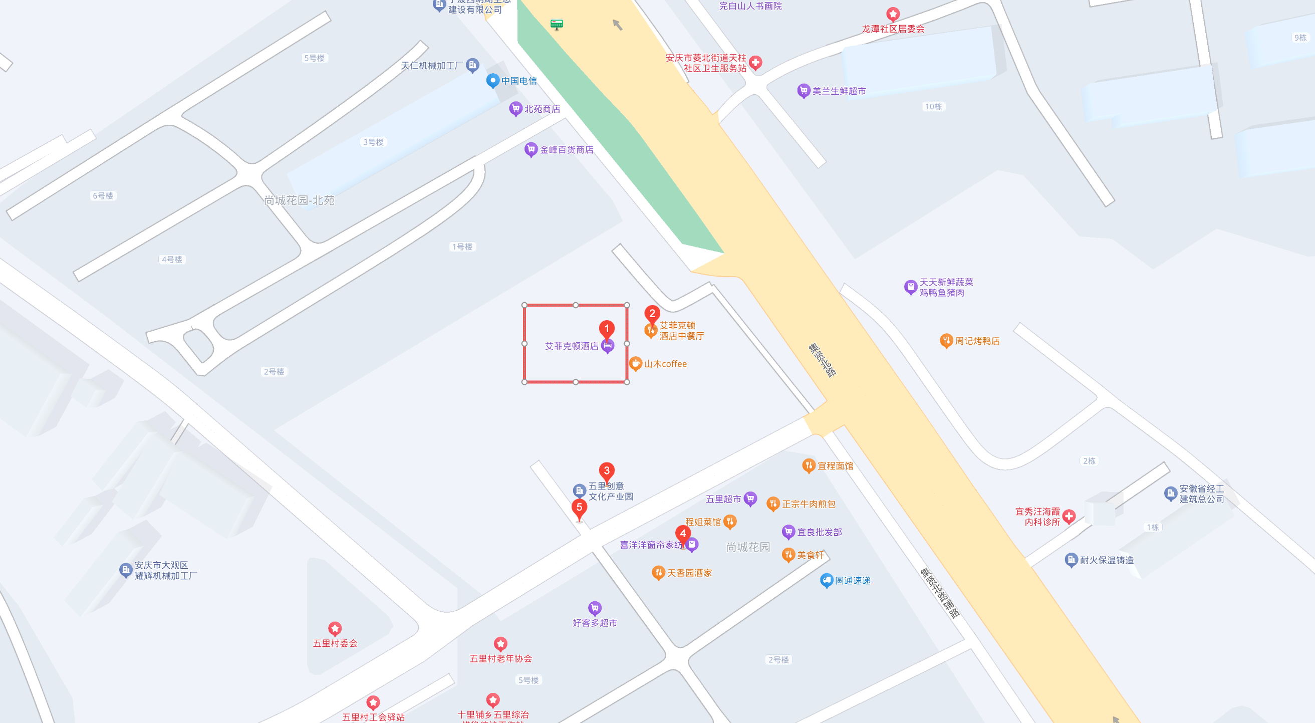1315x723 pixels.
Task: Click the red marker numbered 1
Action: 607,328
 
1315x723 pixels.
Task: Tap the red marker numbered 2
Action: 652,314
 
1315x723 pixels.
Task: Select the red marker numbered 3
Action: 607,470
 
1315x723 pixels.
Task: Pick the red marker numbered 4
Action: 683,534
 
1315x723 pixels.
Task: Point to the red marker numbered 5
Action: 579,508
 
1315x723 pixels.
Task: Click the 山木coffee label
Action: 665,364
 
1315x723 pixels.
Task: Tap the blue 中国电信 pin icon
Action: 492,80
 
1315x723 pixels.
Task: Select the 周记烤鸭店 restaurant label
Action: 977,341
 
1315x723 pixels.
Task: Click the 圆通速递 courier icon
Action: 827,581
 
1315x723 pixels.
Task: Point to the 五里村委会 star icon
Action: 335,628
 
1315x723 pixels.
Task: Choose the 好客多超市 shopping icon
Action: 595,608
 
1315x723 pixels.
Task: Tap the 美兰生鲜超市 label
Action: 839,91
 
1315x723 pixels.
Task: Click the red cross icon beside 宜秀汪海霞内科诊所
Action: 1069,516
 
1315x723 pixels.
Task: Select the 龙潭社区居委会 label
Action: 893,29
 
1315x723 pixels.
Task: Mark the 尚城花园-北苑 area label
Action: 299,200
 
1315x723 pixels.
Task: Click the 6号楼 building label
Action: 103,195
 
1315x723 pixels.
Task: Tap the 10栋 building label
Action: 933,106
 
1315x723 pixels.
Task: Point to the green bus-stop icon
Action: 557,24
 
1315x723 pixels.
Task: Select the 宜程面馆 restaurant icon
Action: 809,465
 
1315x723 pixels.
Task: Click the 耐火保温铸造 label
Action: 1106,560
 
